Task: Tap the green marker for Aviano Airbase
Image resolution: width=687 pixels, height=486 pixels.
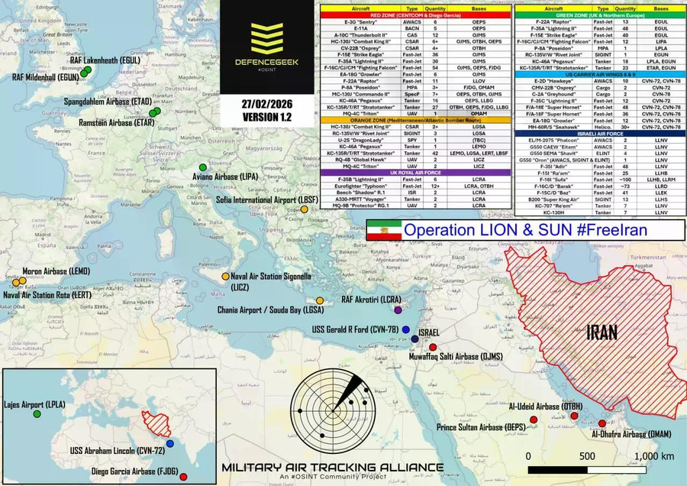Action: [x=203, y=167]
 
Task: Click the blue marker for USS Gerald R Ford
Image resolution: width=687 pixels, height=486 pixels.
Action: [x=395, y=329]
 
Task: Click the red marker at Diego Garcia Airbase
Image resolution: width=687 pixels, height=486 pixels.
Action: [x=183, y=477]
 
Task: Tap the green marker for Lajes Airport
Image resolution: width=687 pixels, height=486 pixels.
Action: [x=37, y=413]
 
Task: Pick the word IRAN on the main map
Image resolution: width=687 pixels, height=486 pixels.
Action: [x=602, y=333]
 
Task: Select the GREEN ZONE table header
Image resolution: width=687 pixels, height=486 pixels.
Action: [x=599, y=14]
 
